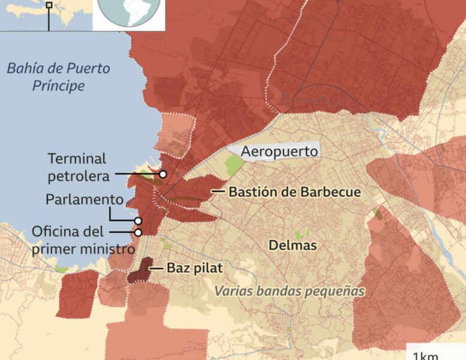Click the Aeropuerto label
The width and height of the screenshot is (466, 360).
(279, 152)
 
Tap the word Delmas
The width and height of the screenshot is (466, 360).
(293, 245)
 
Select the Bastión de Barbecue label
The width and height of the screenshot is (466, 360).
(294, 193)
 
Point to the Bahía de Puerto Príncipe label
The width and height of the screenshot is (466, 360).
(58, 77)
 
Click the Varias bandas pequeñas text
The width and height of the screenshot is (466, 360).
(290, 291)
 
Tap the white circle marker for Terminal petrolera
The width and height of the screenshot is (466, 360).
(163, 174)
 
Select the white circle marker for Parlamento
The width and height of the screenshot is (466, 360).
(138, 221)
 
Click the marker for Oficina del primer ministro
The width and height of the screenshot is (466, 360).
(138, 232)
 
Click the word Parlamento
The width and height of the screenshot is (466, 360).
(85, 199)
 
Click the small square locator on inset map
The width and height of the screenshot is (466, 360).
(49, 5)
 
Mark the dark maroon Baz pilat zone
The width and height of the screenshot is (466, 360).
(139, 272)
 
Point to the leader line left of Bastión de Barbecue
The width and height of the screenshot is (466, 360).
(218, 192)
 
